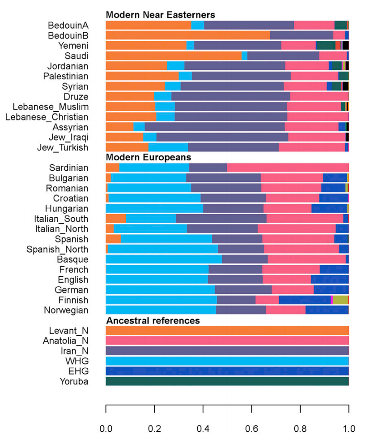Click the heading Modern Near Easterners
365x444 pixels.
(160, 15)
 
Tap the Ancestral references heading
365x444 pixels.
(153, 321)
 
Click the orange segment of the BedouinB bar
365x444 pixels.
(188, 35)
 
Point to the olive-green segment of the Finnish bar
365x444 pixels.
(340, 300)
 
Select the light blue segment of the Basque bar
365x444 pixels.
(164, 259)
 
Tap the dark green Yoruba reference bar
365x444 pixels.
(227, 381)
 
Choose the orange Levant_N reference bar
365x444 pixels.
(227, 331)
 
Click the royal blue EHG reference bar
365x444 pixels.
(227, 371)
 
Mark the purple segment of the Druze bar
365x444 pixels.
(230, 96)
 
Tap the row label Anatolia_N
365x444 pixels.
(69, 341)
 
